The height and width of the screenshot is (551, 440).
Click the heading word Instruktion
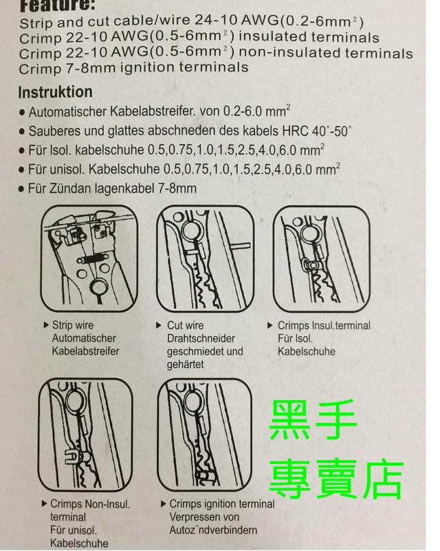[55, 92]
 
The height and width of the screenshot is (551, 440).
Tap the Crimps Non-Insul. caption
[91, 503]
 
